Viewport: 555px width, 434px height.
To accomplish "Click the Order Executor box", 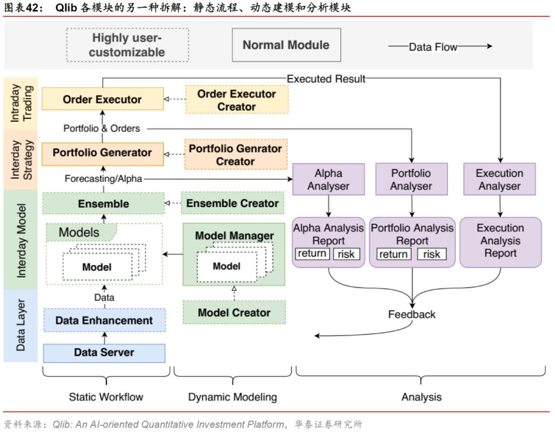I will point(102,99).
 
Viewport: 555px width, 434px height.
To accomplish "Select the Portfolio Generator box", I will point(102,153).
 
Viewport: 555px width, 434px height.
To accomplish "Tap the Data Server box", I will point(104,353).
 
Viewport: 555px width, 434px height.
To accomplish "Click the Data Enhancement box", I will point(104,320).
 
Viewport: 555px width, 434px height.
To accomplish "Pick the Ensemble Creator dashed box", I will point(232,203).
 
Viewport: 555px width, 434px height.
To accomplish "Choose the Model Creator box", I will point(234,313).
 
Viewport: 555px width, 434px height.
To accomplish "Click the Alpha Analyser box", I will point(328,179).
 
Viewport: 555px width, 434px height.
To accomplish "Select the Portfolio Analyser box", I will point(411,179).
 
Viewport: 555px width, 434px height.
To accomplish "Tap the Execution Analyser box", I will point(499,179).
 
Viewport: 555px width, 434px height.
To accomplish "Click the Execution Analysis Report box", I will point(500,241).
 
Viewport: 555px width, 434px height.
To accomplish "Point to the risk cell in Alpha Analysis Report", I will point(346,254).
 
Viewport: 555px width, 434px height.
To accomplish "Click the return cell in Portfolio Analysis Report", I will point(394,254).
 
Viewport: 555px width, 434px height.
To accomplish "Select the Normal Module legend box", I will point(286,45).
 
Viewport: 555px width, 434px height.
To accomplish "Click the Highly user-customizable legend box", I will point(127,45).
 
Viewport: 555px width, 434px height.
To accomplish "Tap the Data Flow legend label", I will point(433,47).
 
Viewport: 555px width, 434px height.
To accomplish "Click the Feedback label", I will point(412,314).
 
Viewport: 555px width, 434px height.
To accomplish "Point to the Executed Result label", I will point(326,79).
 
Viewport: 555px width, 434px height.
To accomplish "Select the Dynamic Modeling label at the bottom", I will point(232,397).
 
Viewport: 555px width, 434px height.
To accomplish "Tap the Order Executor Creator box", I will point(236,100).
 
